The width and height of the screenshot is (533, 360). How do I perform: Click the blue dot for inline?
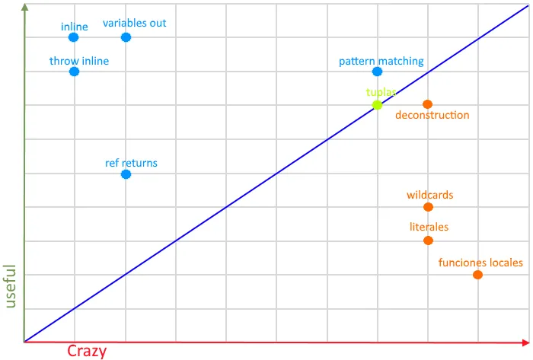click(74, 37)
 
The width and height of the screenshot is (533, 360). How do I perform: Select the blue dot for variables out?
click(126, 37)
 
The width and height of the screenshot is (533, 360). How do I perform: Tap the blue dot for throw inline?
click(74, 72)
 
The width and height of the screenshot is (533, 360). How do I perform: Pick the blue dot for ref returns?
click(126, 174)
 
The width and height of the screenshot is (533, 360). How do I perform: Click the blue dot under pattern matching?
click(378, 72)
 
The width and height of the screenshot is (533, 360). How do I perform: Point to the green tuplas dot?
click(378, 105)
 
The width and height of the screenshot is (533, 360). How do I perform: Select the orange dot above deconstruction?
click(428, 104)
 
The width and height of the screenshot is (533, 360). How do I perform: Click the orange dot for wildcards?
click(428, 207)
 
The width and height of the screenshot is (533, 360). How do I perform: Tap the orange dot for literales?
click(428, 241)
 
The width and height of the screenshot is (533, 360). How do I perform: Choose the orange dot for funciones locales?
click(478, 275)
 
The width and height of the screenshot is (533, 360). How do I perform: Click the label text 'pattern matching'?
click(381, 61)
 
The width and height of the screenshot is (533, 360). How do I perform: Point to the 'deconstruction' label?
click(432, 116)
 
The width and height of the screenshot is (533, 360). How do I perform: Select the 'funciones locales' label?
click(480, 263)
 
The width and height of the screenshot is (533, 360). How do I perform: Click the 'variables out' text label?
click(135, 23)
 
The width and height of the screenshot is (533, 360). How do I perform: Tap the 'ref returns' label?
click(131, 163)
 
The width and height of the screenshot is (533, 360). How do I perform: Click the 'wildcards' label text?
click(429, 195)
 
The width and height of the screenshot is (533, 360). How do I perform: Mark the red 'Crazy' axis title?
click(87, 351)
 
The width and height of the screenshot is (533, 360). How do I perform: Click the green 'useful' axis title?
click(11, 286)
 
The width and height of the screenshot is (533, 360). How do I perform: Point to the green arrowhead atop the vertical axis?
click(25, 8)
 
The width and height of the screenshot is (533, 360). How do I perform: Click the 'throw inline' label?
click(79, 61)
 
